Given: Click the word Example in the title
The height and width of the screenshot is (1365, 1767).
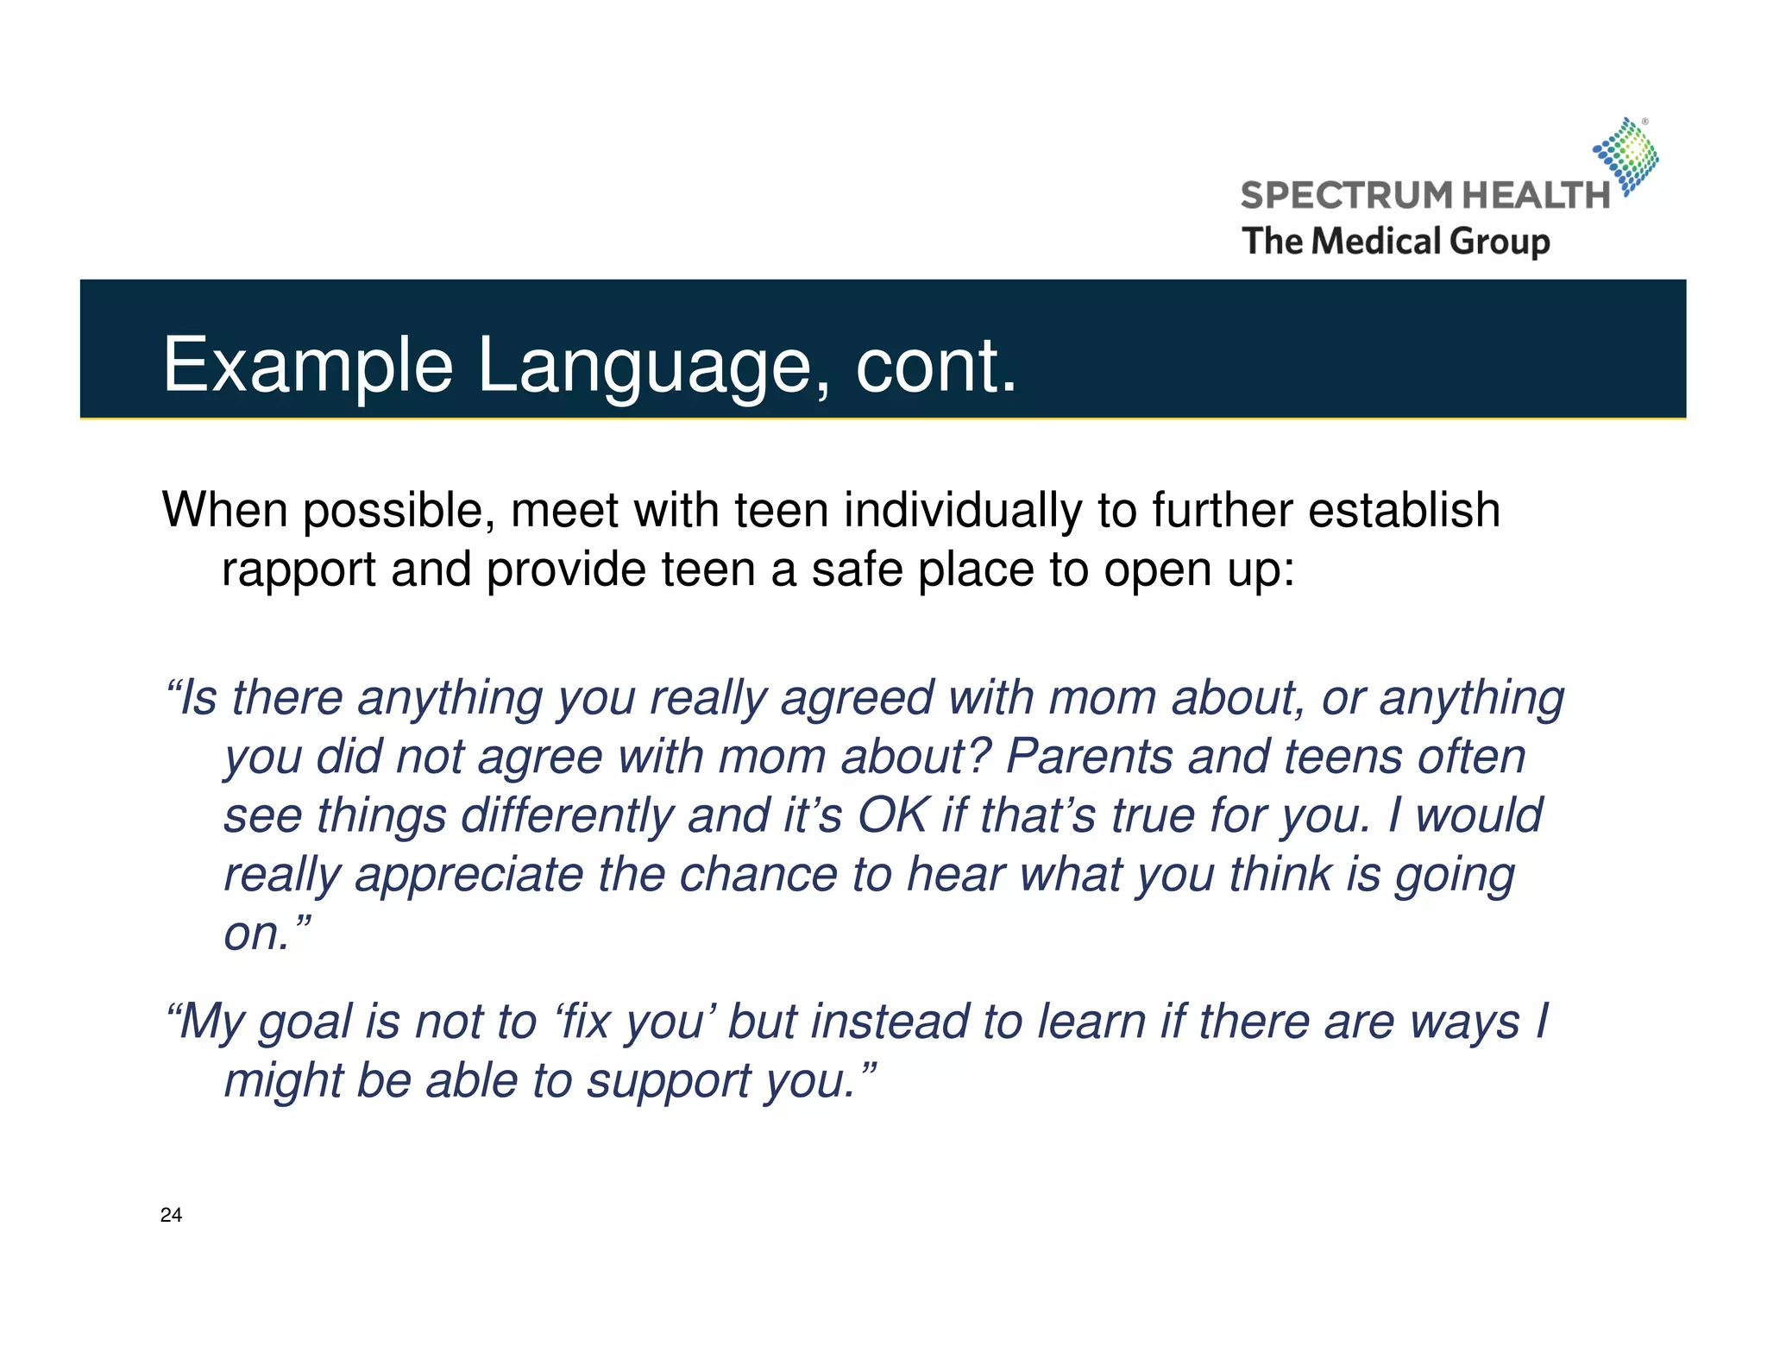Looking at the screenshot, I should coord(308,366).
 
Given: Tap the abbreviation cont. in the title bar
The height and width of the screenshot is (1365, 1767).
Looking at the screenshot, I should coord(936,366).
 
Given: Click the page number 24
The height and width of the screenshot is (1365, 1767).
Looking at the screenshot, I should coord(171,1215).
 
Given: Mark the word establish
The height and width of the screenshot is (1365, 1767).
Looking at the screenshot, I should coord(1404,510).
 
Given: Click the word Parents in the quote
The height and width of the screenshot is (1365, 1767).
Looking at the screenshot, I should coord(1090,757).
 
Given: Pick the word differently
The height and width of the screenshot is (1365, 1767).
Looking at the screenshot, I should coord(567,815).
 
